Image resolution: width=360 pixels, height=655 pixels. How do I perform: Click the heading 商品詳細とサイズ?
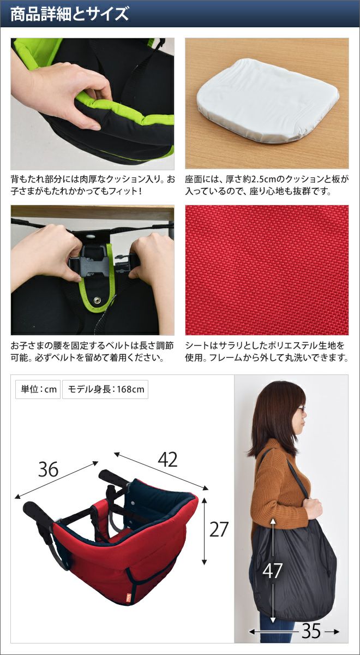click(x=69, y=14)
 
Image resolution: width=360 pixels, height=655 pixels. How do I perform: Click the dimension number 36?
click(x=48, y=469)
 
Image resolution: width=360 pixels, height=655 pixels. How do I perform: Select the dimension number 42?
click(x=167, y=460)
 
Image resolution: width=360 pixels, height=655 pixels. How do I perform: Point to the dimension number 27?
click(x=219, y=529)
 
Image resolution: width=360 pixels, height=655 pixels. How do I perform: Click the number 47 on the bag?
click(x=272, y=570)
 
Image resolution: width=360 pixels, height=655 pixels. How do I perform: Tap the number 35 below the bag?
click(x=311, y=632)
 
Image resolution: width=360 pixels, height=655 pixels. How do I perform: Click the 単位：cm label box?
click(x=38, y=389)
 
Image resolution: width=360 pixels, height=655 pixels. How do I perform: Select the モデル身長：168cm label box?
click(x=105, y=389)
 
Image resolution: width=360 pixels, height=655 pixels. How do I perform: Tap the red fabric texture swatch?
click(x=267, y=270)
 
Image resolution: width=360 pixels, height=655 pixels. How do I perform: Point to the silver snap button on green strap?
click(x=97, y=300)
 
